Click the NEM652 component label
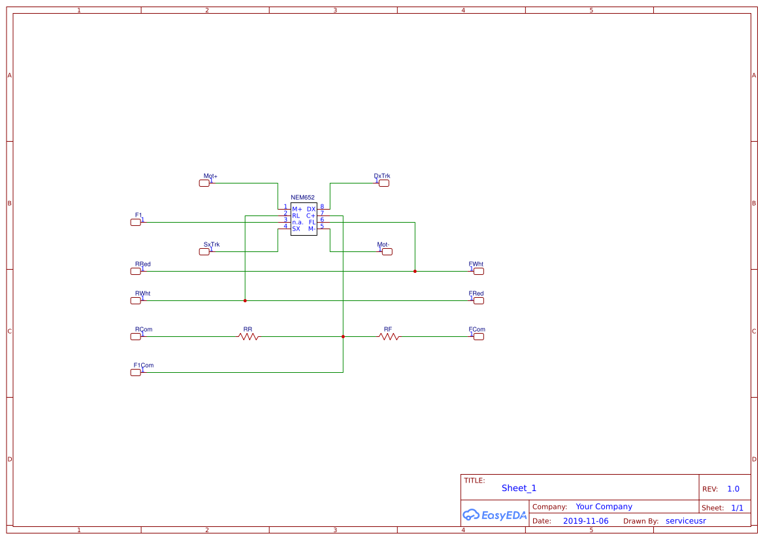point(302,197)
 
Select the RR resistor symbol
point(248,336)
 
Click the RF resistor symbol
point(389,336)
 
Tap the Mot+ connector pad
point(204,183)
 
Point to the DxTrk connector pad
point(384,183)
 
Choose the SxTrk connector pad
point(204,252)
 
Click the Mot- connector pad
point(384,251)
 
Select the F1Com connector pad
point(135,372)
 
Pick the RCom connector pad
point(135,336)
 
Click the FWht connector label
point(476,264)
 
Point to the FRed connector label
point(476,294)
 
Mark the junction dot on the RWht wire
point(245,300)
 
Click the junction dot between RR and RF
point(343,336)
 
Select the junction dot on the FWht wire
point(415,271)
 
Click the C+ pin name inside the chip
point(311,215)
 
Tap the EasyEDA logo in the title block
point(495,515)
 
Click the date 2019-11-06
point(585,521)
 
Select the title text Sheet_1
point(519,488)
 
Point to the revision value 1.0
point(733,489)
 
